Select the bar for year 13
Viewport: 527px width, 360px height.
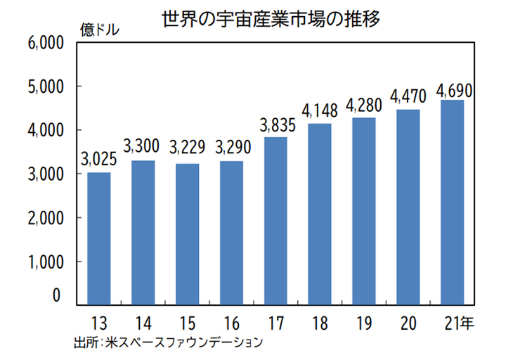click(x=99, y=238)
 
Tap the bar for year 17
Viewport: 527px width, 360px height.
click(x=276, y=221)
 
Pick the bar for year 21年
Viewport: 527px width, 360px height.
click(x=453, y=202)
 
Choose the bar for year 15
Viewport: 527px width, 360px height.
click(x=188, y=234)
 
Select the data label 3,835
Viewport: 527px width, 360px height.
click(x=277, y=126)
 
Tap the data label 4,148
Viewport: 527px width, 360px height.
click(x=320, y=111)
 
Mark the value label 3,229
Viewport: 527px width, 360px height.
click(x=188, y=148)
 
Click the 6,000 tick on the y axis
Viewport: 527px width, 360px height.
click(x=45, y=44)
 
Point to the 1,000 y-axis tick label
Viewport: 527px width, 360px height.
click(x=45, y=262)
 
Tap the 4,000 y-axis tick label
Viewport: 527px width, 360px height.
click(x=45, y=131)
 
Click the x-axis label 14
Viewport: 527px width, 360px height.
click(x=143, y=323)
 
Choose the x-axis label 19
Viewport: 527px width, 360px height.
click(x=364, y=323)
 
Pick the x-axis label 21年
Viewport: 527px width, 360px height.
click(x=459, y=323)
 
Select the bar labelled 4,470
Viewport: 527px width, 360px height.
click(x=408, y=207)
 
